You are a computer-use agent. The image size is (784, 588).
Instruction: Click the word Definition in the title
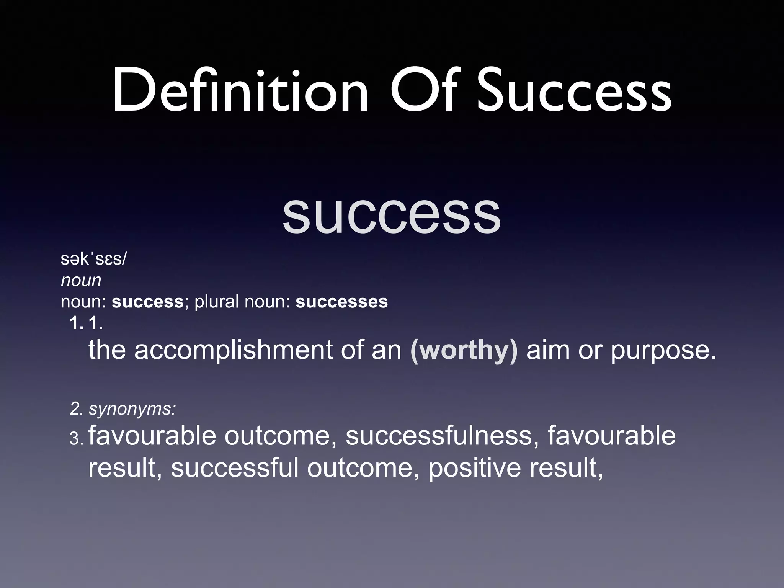coord(240,92)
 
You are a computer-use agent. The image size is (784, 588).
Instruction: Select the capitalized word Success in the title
coord(574,92)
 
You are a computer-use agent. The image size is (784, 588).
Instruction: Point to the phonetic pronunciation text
coord(93,260)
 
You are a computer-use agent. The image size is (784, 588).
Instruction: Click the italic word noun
coord(81,281)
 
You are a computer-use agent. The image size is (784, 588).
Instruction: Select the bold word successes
coord(341,302)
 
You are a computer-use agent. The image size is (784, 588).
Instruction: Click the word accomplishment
coord(234,350)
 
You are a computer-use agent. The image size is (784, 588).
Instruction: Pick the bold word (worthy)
coord(464,350)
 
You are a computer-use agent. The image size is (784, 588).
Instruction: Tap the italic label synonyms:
coord(132,409)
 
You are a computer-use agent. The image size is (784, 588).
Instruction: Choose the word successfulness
coord(439,436)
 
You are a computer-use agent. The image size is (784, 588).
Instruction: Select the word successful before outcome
coord(235,468)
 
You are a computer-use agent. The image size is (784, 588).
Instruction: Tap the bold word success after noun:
coord(148,302)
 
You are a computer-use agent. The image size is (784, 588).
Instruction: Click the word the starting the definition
coord(107,350)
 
